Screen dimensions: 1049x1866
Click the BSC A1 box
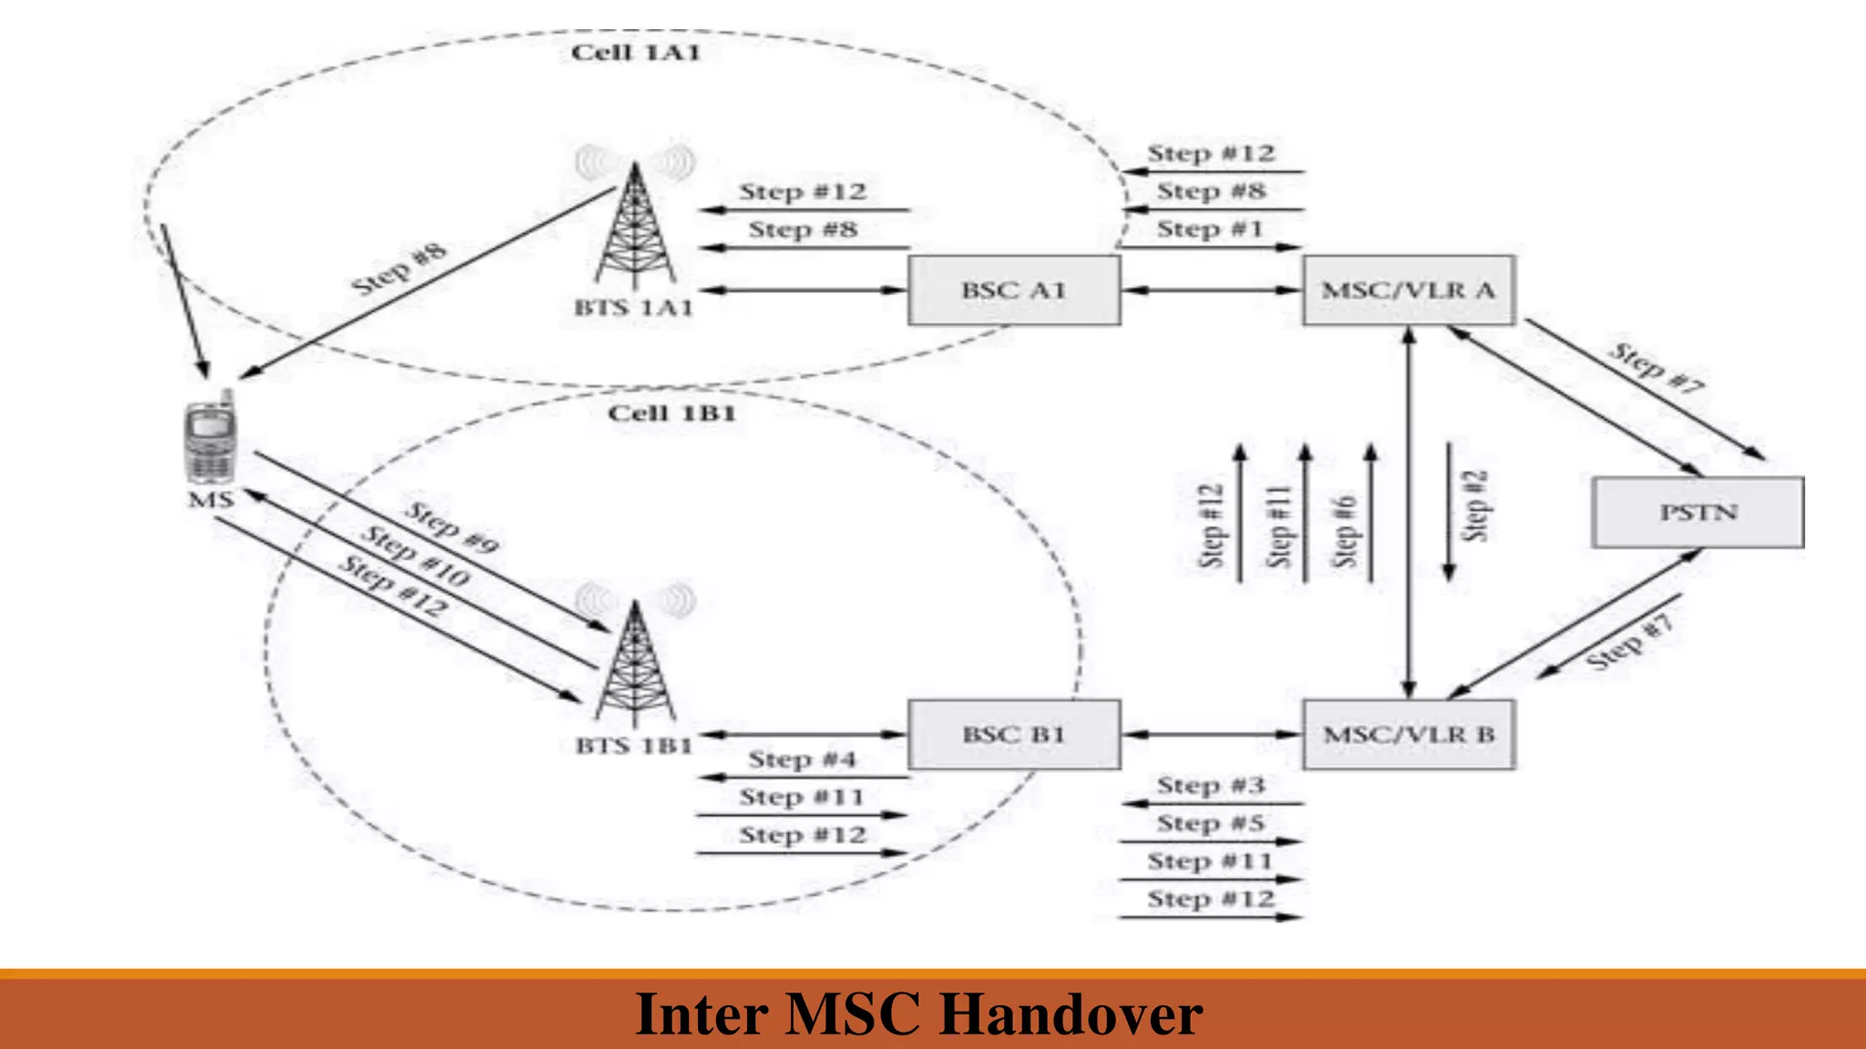[x=1014, y=290]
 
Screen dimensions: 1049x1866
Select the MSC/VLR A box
[x=1409, y=290]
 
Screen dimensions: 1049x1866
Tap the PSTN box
[x=1697, y=513]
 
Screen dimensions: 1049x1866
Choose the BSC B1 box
[x=1014, y=735]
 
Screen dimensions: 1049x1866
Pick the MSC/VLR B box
[x=1409, y=735]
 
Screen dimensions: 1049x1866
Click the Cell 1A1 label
[x=636, y=53]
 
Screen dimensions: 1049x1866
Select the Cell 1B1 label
[x=672, y=413]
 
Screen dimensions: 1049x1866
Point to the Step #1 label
[x=1210, y=229]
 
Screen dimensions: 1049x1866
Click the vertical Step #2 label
[x=1475, y=506]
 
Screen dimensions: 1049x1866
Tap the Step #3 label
[x=1210, y=785]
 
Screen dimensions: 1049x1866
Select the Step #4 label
[x=802, y=759]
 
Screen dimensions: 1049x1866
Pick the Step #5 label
[x=1210, y=823]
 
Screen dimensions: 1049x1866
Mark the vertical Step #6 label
[x=1345, y=531]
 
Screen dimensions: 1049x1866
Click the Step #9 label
[x=452, y=527]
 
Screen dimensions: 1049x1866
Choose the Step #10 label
[x=415, y=555]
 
